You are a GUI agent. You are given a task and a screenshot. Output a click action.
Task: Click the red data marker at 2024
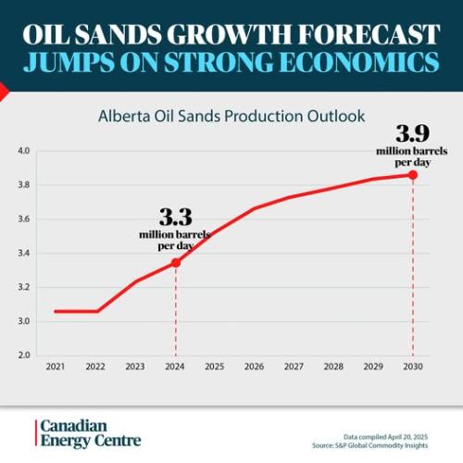click(176, 262)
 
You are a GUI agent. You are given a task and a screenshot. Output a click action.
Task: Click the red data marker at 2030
click(413, 175)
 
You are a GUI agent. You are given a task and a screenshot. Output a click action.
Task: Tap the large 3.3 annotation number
click(175, 218)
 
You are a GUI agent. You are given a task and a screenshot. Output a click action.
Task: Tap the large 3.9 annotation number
click(413, 132)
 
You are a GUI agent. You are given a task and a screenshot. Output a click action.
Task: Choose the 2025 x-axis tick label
click(215, 368)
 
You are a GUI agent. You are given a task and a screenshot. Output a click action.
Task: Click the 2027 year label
click(294, 368)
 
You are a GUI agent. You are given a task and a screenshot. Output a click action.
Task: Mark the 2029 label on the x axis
click(373, 368)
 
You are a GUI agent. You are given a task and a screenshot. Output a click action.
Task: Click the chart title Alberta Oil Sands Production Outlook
click(231, 117)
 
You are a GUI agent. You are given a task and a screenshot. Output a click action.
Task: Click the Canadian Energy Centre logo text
click(90, 432)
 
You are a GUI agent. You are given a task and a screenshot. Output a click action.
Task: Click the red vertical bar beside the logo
click(36, 432)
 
